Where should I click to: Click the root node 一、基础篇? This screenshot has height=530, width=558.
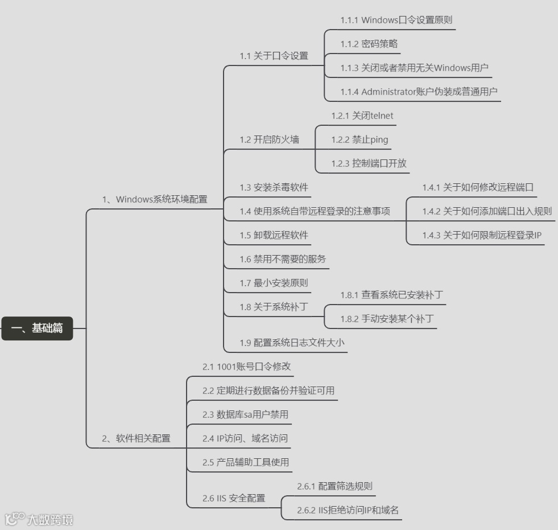click(38, 328)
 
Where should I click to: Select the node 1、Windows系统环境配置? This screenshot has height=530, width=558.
click(155, 199)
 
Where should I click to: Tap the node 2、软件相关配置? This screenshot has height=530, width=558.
click(136, 438)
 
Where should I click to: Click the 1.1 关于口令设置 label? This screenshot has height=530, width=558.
click(274, 56)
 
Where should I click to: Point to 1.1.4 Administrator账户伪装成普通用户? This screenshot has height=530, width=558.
click(420, 92)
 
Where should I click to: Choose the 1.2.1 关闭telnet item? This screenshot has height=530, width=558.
click(362, 116)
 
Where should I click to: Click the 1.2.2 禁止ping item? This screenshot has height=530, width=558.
click(360, 139)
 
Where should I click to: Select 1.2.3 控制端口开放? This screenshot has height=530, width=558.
click(369, 163)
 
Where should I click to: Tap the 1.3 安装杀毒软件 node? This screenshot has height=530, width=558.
click(275, 187)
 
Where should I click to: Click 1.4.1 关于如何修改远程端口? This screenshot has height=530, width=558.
click(478, 187)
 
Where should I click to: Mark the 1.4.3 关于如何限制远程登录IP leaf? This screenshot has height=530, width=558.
click(482, 235)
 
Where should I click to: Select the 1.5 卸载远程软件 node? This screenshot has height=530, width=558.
click(274, 235)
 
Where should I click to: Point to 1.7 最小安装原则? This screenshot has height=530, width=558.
click(274, 283)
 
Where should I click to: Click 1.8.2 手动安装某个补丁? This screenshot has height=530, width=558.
click(387, 319)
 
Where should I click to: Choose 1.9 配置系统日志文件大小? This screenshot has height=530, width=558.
click(292, 343)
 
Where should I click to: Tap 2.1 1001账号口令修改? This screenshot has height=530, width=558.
click(247, 367)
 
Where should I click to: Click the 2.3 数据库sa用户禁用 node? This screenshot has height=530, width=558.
click(245, 414)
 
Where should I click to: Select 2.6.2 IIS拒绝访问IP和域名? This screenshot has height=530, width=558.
click(348, 510)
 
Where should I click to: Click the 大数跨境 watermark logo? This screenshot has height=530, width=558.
click(39, 519)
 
